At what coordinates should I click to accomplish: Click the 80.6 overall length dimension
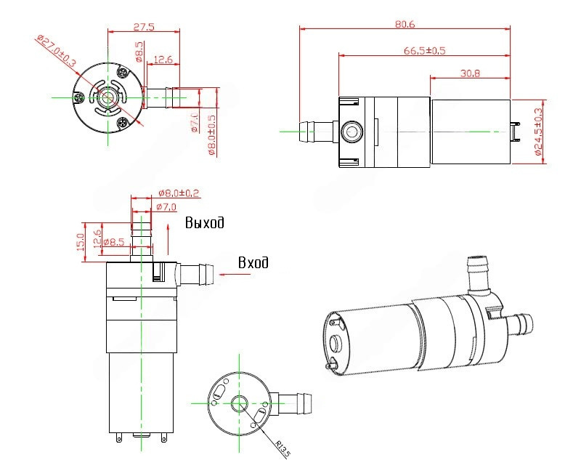[405, 24]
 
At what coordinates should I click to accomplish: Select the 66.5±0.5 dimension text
[425, 50]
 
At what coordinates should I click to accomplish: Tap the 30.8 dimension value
[470, 73]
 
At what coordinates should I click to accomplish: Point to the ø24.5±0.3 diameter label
[538, 132]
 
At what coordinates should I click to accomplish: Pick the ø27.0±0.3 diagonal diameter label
[54, 52]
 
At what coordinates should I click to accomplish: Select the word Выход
[204, 222]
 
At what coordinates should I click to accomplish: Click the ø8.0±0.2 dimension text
[179, 193]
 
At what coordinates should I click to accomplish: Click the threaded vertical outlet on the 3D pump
[478, 272]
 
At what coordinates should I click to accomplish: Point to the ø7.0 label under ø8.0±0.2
[167, 207]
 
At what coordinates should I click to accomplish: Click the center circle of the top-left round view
[108, 97]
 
